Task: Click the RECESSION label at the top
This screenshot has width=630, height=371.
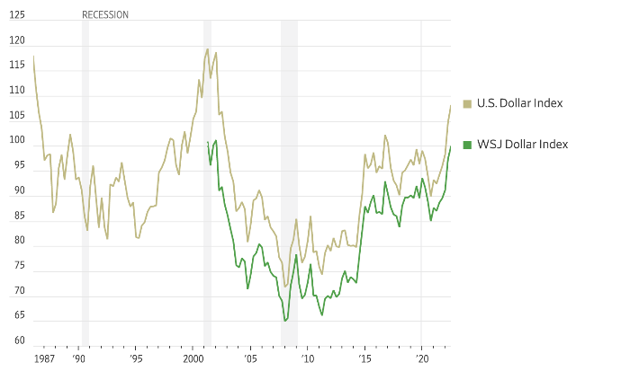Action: click(105, 15)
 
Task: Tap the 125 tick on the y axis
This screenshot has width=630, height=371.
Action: click(17, 15)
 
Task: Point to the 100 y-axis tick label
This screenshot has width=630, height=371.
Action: click(17, 140)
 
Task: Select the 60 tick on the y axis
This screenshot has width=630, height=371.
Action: click(19, 340)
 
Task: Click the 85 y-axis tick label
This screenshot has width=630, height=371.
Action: click(19, 215)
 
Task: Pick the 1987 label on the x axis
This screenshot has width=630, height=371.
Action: click(44, 358)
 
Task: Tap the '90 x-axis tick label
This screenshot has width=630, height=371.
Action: click(79, 358)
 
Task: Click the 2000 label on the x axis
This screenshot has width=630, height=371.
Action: click(193, 358)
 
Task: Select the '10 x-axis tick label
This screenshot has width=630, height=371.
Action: click(307, 358)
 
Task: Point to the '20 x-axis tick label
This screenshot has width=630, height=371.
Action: click(421, 358)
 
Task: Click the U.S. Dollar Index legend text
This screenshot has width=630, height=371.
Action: click(519, 103)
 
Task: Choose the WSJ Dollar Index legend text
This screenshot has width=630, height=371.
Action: click(521, 145)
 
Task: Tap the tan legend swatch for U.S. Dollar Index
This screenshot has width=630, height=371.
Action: click(467, 103)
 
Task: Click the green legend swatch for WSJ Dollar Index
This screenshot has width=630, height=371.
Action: click(467, 145)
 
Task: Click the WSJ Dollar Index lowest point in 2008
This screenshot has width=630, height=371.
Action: click(285, 321)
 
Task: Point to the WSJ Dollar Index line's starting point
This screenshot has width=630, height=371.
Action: click(208, 142)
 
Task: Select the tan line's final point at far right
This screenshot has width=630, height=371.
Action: click(451, 105)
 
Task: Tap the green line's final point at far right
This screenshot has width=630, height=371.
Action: click(451, 146)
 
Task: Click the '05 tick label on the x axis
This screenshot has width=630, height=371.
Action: click(250, 358)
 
